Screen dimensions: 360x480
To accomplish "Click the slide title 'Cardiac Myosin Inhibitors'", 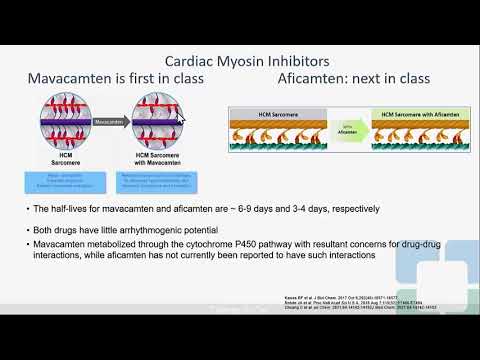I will [x=241, y=59].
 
